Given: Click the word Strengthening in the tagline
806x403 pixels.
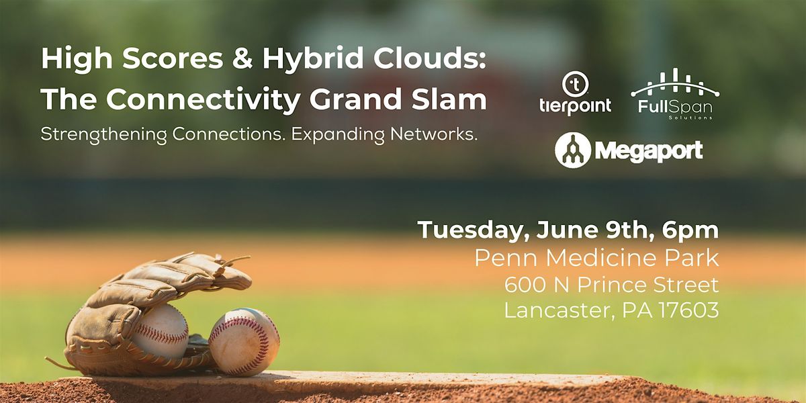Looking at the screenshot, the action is pyautogui.click(x=103, y=135).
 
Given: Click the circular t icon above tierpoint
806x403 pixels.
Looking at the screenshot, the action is pyautogui.click(x=576, y=84).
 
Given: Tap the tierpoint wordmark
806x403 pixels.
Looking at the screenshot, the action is pyautogui.click(x=576, y=107).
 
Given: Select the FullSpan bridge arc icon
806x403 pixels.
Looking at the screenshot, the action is pyautogui.click(x=675, y=83).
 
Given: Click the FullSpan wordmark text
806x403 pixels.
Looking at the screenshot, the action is pyautogui.click(x=675, y=107).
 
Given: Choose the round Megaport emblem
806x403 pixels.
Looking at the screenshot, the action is pyautogui.click(x=573, y=150).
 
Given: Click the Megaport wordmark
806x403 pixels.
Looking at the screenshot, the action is pyautogui.click(x=649, y=151).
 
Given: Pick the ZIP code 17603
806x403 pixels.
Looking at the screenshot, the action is pyautogui.click(x=689, y=310).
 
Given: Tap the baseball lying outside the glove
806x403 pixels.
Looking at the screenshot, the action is pyautogui.click(x=244, y=341).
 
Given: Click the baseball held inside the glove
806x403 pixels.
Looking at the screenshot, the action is pyautogui.click(x=162, y=331).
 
